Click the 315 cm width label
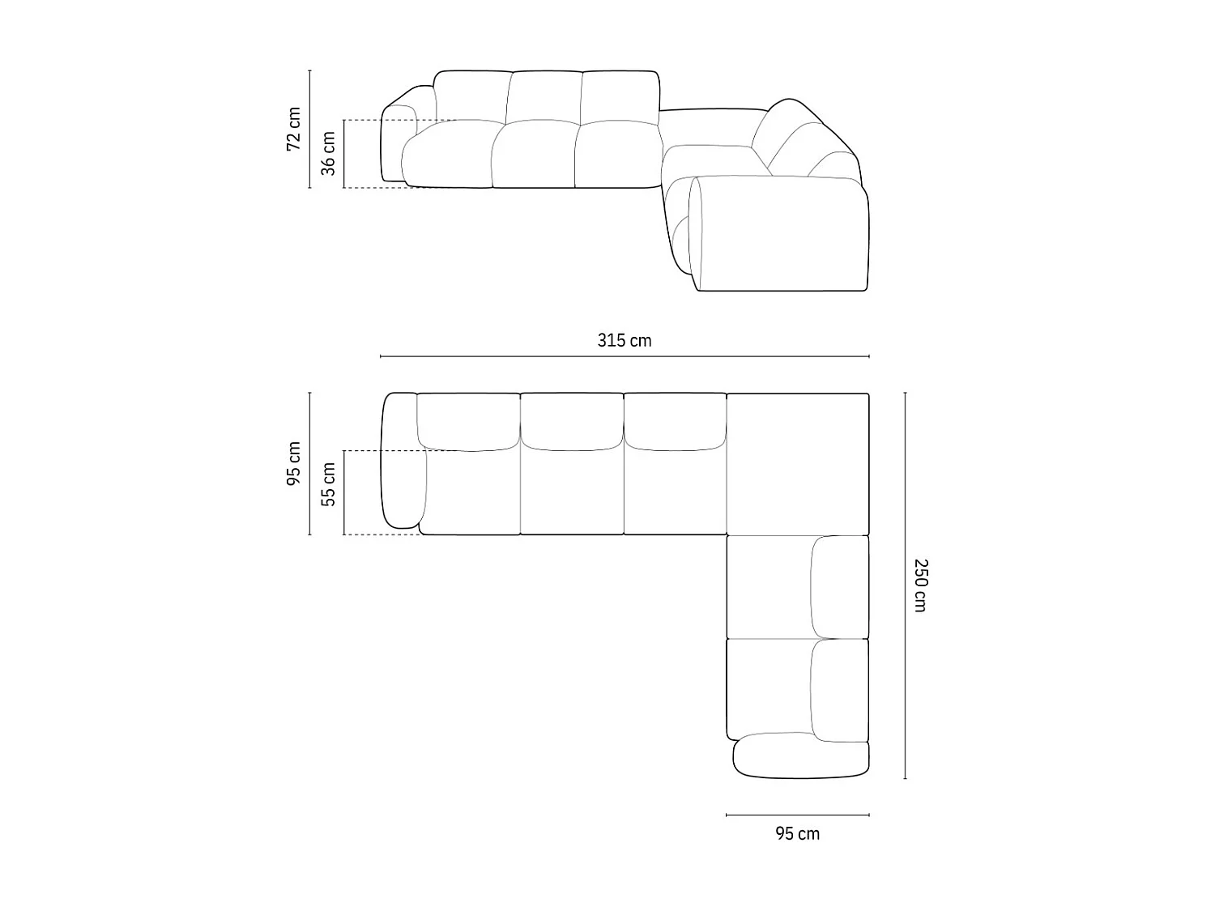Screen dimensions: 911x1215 [624, 340]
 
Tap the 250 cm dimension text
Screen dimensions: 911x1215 [920, 585]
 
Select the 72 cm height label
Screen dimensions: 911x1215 [293, 129]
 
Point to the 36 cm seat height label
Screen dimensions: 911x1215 [328, 153]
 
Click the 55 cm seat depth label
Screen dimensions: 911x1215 [328, 484]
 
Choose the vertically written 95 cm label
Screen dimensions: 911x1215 [293, 464]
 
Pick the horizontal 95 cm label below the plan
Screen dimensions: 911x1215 [797, 833]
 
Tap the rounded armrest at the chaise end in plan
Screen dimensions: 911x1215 [800, 756]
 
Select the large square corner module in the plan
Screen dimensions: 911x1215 [798, 463]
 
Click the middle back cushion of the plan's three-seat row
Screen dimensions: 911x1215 [572, 421]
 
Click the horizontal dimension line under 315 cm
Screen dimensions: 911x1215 [624, 356]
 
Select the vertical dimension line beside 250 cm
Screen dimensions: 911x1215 [905, 585]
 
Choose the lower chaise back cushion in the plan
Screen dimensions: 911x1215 [840, 690]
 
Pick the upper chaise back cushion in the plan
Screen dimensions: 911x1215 [840, 586]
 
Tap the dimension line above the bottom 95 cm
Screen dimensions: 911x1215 [797, 815]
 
